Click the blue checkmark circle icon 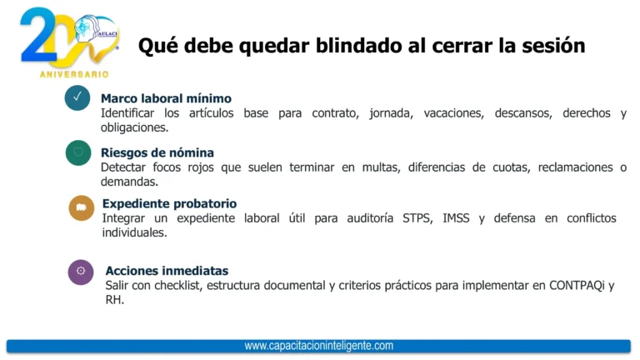click(77, 98)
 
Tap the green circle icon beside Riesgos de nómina click(78, 152)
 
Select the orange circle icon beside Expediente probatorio click(82, 208)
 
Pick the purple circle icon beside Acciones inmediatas click(81, 272)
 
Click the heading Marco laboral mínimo click(166, 98)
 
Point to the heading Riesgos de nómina click(157, 152)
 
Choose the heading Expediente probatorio click(169, 203)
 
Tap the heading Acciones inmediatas click(167, 271)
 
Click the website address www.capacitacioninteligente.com click(318, 346)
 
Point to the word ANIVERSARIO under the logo click(74, 75)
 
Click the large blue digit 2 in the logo click(37, 37)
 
